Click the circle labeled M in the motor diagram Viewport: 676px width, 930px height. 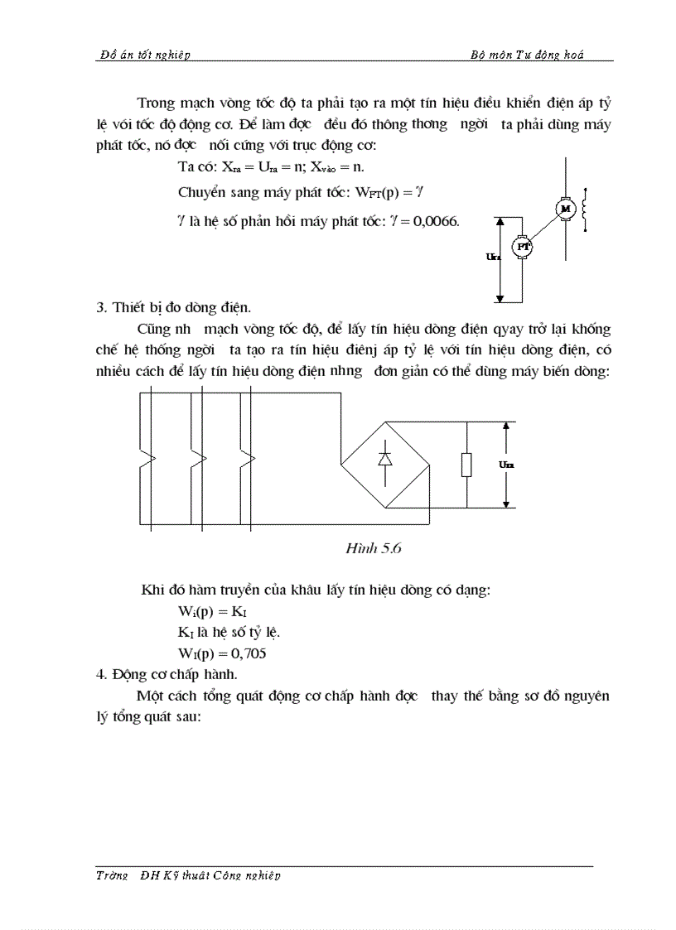[567, 210]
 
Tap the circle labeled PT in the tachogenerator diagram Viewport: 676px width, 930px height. [523, 246]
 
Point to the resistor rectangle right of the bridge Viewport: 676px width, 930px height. [466, 465]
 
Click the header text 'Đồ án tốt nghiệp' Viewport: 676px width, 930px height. [145, 55]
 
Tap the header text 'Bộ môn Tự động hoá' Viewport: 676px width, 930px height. [527, 55]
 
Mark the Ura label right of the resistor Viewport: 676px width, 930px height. [506, 465]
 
